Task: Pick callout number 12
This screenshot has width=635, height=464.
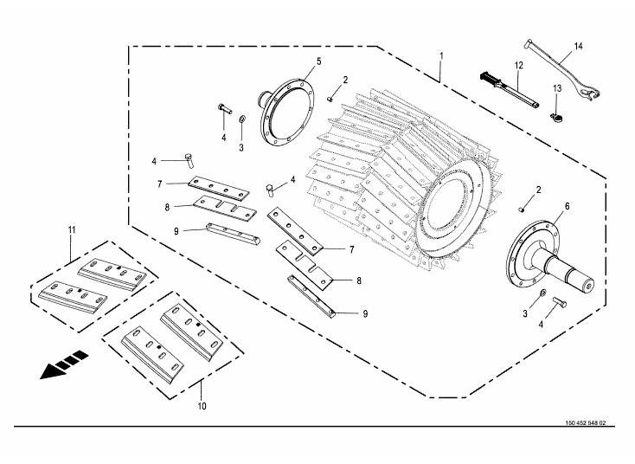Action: coord(519,66)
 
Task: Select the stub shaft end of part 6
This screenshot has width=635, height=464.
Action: coord(578,279)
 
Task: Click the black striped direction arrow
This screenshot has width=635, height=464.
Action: coord(63,364)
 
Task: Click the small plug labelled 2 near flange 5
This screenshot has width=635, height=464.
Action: coord(331,98)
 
